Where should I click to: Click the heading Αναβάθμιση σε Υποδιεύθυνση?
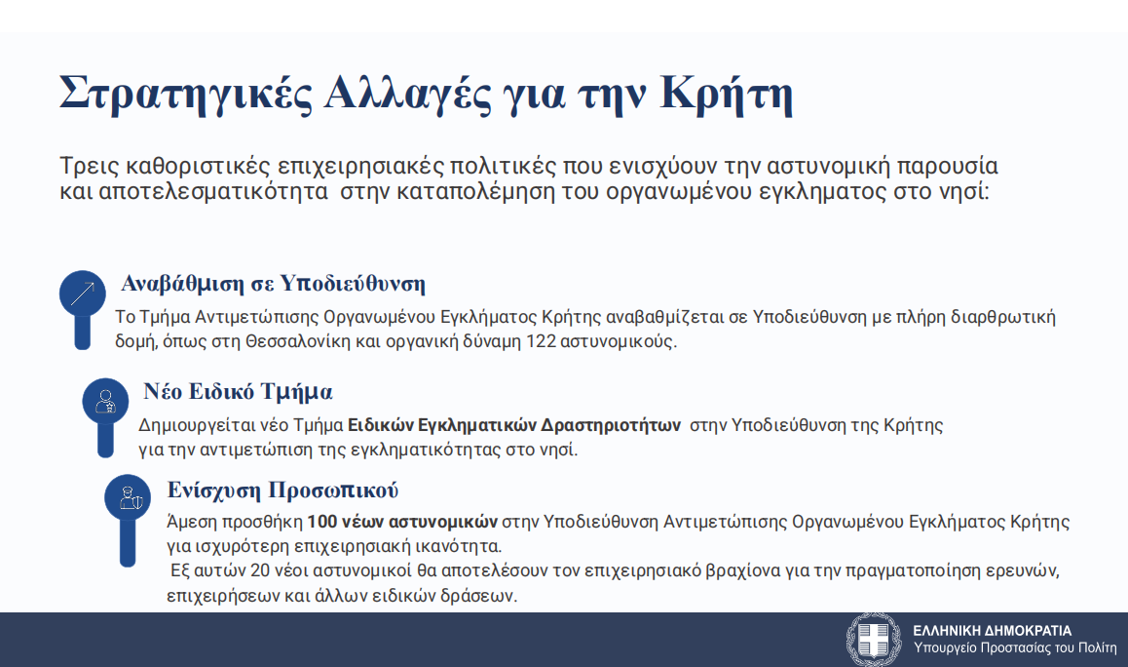pos(274,284)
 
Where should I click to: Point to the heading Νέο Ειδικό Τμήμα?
pos(238,392)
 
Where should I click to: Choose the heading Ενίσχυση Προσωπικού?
pos(282,490)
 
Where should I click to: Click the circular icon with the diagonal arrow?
pos(83,294)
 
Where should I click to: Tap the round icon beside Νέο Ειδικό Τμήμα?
pos(106,401)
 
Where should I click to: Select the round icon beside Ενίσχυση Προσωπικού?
pos(128,497)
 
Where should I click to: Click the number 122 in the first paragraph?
pos(542,341)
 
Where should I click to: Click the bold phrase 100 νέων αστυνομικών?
pos(402,522)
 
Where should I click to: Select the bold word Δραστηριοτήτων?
pos(611,426)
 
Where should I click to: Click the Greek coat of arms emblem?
pos(874,640)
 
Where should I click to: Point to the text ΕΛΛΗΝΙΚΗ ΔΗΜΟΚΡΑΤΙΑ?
pos(992,630)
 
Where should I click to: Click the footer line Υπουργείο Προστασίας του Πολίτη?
pos(1014,648)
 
